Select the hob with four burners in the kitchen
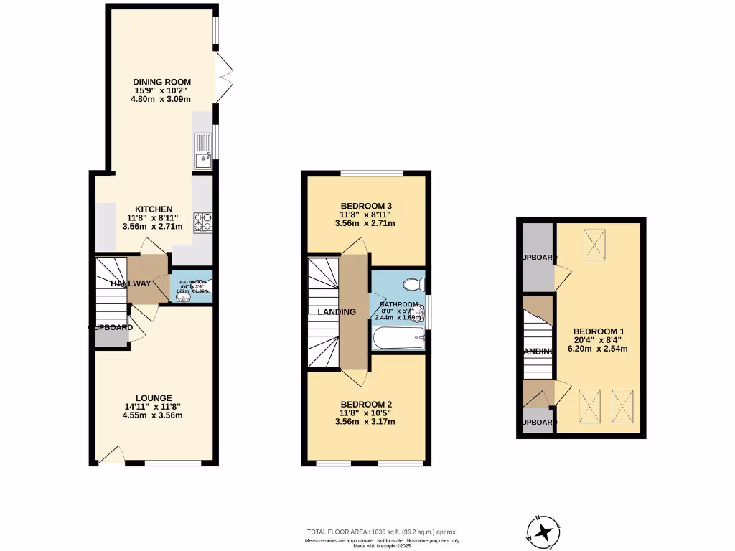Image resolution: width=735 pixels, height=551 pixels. tap(202, 222)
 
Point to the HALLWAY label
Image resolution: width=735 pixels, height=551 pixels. tap(131, 284)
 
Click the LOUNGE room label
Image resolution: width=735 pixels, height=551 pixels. tap(154, 398)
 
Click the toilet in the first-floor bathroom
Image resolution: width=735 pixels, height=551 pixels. tap(412, 285)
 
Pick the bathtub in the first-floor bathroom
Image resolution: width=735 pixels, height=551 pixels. tap(398, 337)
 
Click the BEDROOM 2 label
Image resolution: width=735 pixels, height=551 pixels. tap(365, 403)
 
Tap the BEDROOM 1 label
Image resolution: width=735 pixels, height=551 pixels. tap(599, 331)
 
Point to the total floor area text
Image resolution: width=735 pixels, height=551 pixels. tap(382, 532)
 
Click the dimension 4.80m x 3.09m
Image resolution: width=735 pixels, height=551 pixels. tap(161, 100)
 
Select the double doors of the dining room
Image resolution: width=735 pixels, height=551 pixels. tap(225, 79)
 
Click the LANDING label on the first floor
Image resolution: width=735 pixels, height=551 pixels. tap(337, 312)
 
